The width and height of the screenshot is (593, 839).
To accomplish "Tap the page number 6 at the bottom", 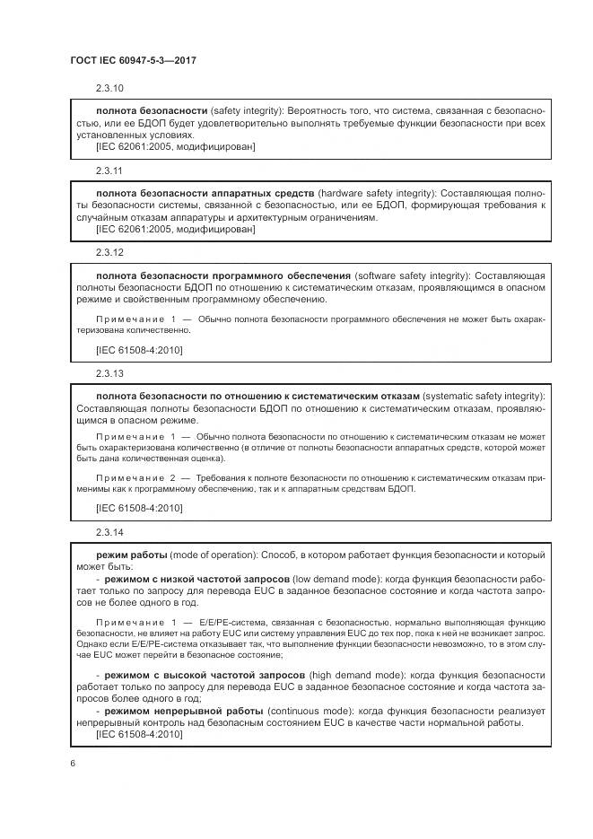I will coord(72,763).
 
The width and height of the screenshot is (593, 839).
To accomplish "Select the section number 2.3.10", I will coord(109,88).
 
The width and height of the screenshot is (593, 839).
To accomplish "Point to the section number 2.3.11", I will coord(109,170).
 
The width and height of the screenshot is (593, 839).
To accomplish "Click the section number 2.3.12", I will coord(109,253).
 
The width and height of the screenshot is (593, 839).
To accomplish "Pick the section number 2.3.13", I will coord(109,371).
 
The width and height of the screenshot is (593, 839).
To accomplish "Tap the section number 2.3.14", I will coord(109,533).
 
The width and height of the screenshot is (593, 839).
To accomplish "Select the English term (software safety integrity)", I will coord(412,275).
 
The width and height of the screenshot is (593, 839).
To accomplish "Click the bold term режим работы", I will coord(131,555).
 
